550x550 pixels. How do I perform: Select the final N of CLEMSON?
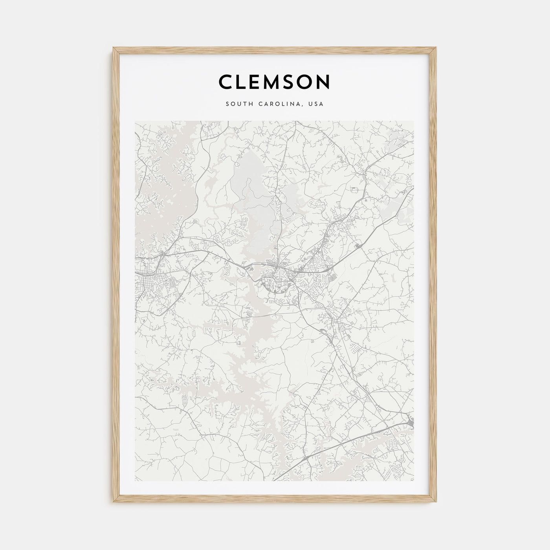323,82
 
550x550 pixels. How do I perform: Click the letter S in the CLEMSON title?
286,82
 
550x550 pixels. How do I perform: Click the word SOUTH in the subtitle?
238,104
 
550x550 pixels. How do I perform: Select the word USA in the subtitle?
316,104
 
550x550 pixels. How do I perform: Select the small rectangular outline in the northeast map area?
355,190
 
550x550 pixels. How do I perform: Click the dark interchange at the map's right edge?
411,422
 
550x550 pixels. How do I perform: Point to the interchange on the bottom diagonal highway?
306,458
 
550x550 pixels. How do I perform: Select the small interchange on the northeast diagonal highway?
357,246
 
